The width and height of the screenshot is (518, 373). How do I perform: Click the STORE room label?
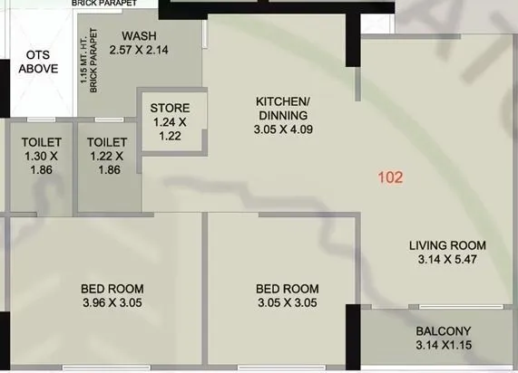tap(170, 109)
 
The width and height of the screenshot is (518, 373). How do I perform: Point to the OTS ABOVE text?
tap(39, 62)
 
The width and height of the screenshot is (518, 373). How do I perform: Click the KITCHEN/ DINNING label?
tap(282, 109)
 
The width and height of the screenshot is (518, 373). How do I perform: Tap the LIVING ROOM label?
tap(446, 245)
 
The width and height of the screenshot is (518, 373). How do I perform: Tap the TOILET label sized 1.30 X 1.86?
tap(41, 142)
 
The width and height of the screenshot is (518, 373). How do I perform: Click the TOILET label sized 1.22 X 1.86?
tap(106, 142)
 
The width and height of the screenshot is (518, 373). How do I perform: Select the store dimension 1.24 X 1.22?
tap(170, 129)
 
